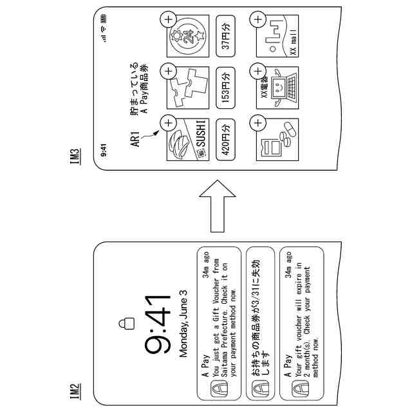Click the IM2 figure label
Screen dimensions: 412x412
point(75,390)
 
